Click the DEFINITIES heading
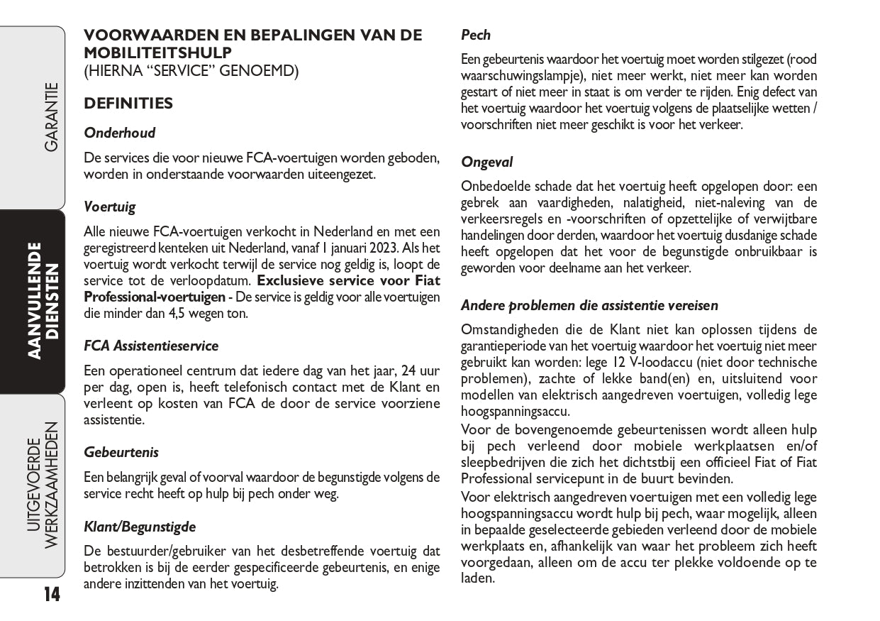click(x=128, y=104)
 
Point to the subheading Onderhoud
click(x=119, y=133)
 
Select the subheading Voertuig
click(x=109, y=207)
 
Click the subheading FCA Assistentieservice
click(x=151, y=346)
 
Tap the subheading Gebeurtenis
click(x=121, y=452)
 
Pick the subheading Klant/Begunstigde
click(x=139, y=527)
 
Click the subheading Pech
click(x=476, y=35)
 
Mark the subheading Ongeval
click(x=486, y=162)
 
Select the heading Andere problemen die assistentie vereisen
click(x=589, y=305)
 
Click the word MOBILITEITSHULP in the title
click(x=157, y=53)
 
